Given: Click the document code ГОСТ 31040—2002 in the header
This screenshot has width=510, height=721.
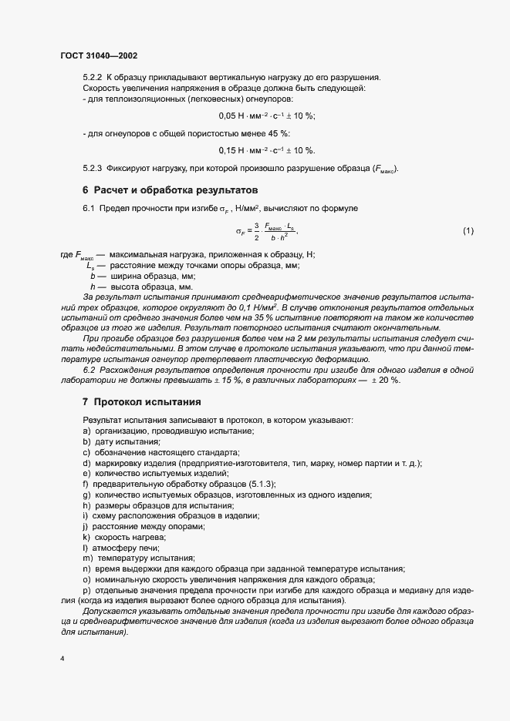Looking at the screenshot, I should (98, 56).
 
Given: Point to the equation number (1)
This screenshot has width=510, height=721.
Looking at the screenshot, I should (468, 231).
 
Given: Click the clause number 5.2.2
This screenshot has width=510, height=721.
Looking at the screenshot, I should (92, 77).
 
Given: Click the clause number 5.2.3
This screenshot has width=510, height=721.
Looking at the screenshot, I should (92, 169).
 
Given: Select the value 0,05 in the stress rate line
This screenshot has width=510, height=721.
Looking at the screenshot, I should (228, 116).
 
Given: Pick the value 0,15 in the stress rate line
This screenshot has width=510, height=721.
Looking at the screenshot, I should (228, 150).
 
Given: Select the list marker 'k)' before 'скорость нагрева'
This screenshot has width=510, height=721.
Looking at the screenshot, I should (86, 536).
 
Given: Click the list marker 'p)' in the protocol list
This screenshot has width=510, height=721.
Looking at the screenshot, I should (86, 590).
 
